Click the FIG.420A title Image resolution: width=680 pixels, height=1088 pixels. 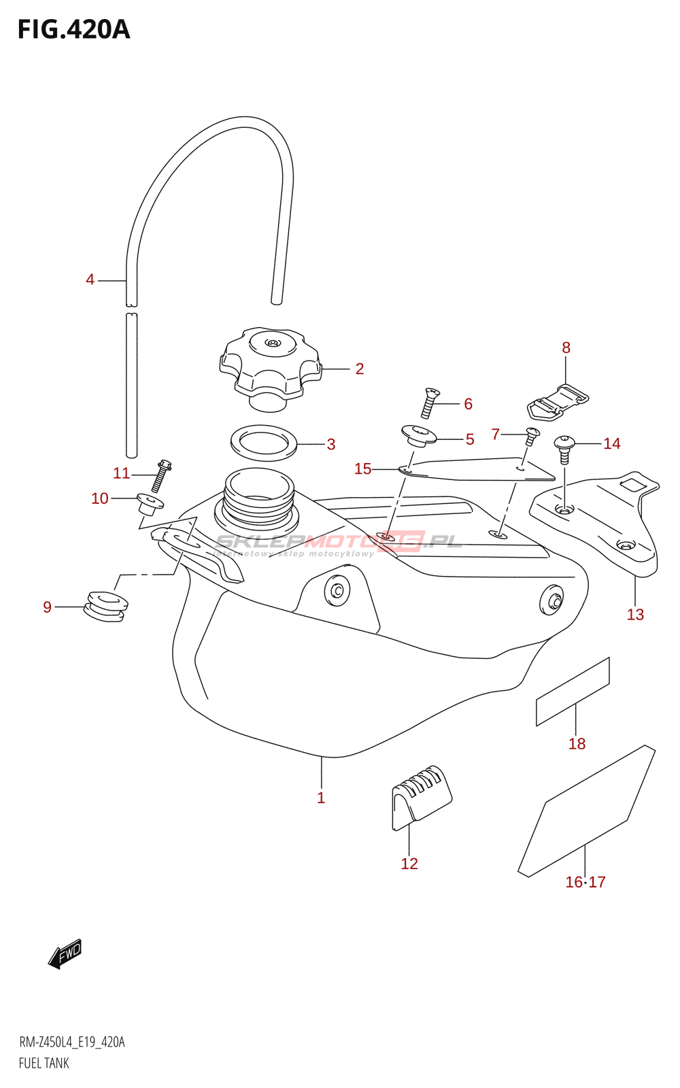tap(74, 30)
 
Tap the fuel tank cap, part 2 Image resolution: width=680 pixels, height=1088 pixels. tap(271, 369)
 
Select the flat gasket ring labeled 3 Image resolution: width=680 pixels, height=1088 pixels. tap(263, 443)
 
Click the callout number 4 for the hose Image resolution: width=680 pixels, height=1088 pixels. tap(90, 279)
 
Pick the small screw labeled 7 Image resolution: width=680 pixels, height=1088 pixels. tap(532, 436)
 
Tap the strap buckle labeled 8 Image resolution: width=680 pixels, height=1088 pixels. tap(558, 402)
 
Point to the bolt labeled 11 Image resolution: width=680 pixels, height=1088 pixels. tap(161, 475)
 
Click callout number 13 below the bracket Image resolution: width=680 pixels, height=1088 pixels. tap(635, 615)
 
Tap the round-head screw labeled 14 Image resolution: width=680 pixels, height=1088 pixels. tap(564, 449)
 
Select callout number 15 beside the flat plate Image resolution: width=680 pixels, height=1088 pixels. tap(363, 469)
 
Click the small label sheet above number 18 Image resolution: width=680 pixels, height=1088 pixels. tap(573, 692)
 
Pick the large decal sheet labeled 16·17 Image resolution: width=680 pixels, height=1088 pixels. tap(587, 811)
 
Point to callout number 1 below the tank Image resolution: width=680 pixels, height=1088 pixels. tap(321, 798)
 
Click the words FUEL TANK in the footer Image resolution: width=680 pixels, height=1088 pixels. tap(44, 1064)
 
